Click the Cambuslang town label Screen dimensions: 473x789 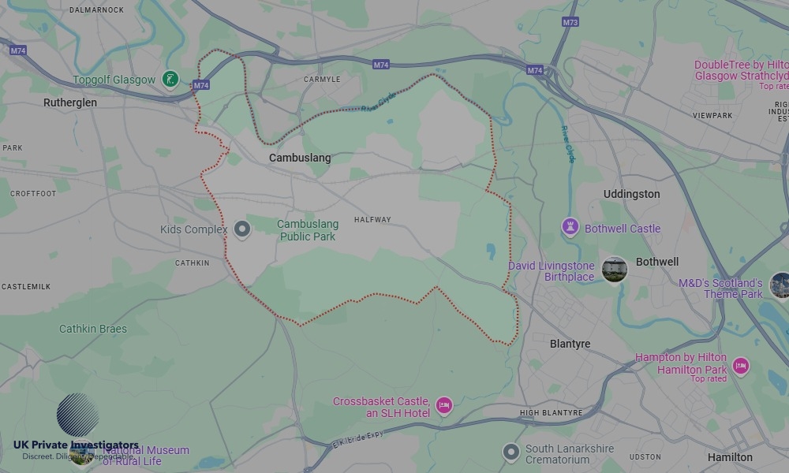coord(300,158)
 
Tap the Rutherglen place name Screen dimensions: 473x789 coord(70,102)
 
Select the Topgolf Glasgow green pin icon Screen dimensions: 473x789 coord(170,79)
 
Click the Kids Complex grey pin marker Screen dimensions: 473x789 coord(242,229)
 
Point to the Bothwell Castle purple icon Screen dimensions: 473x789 coord(570,228)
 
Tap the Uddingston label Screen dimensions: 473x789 coord(631,194)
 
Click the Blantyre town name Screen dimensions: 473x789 coord(570,344)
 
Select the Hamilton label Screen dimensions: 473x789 coord(730,457)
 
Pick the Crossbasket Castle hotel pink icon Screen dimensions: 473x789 coord(444,406)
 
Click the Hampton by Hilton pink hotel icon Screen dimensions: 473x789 coord(740,366)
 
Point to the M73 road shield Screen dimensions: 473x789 coord(570,22)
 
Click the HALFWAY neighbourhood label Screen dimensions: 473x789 coord(372,220)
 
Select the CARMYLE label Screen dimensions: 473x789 coord(322,80)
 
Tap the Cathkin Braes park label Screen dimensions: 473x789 coord(93,329)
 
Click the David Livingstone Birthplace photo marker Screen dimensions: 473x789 coord(614,269)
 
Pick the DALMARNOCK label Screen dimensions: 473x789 coord(97,9)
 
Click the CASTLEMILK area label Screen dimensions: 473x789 coord(26,287)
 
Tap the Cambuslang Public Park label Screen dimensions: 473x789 coord(308,230)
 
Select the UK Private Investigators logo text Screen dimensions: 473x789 coord(76,445)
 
